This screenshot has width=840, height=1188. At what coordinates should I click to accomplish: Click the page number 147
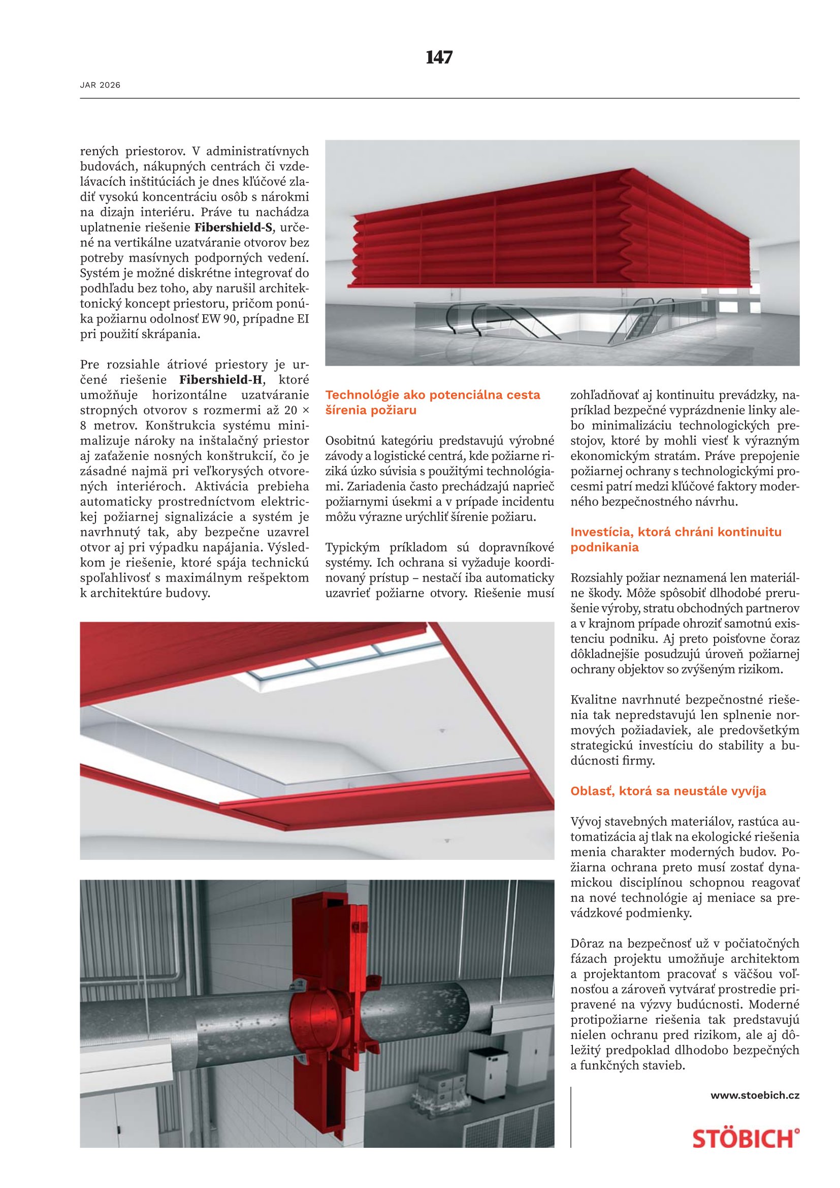pos(439,57)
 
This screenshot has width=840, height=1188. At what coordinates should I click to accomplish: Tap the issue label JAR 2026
pos(100,85)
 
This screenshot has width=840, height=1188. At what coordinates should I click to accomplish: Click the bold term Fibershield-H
pos(221,380)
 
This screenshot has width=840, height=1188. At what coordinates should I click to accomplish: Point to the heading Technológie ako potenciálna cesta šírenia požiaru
pos(432,403)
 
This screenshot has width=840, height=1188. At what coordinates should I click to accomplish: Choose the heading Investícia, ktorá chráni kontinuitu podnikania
pos(675,540)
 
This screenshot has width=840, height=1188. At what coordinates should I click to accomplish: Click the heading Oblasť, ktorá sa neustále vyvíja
pos(668,791)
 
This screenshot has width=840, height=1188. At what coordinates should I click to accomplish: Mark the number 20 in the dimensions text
pos(288,410)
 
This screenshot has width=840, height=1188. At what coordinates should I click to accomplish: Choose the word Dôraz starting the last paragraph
pos(587,944)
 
